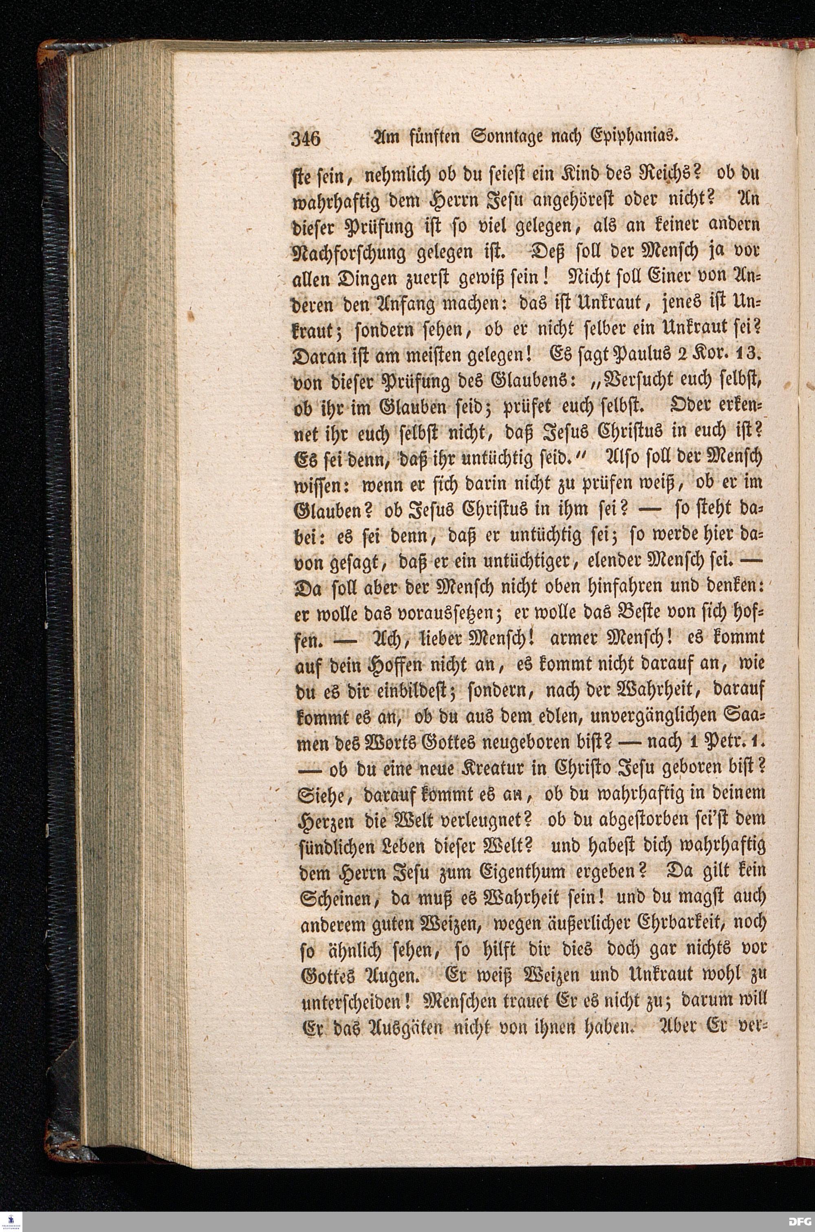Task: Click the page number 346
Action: pyautogui.click(x=307, y=139)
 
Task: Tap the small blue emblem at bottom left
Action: pyautogui.click(x=12, y=1219)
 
